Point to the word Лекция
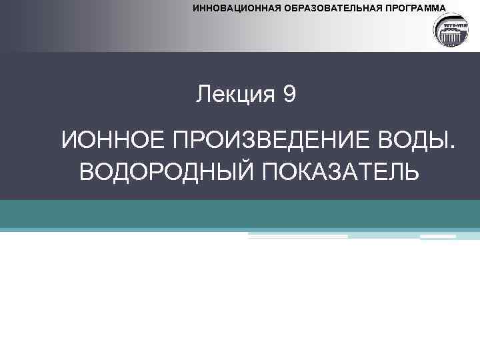coord(235,95)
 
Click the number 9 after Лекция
coord(289,95)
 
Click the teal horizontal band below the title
coord(240,214)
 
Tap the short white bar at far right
coord(438,236)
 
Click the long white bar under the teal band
coord(298,236)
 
